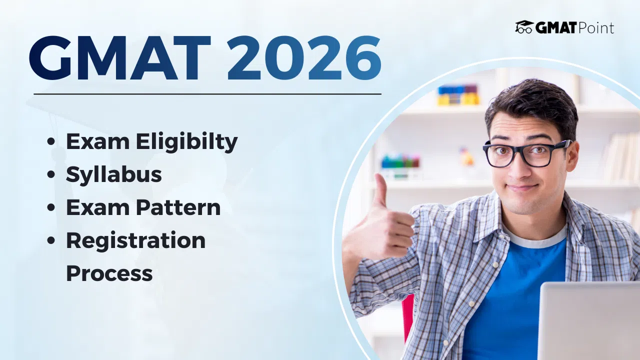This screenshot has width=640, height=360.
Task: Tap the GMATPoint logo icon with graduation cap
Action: (x=524, y=27)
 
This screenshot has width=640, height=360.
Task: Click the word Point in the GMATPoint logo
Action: (x=595, y=28)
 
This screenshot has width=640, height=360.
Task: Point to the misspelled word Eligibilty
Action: (x=187, y=142)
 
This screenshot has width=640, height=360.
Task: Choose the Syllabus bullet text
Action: (x=114, y=174)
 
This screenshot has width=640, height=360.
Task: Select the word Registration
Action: (x=135, y=240)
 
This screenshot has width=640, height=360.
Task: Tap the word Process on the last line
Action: (x=109, y=273)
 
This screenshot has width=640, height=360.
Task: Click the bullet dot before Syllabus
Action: (x=50, y=175)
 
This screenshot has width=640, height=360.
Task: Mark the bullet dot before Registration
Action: (x=50, y=241)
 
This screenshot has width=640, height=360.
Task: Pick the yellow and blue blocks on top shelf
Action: (x=457, y=95)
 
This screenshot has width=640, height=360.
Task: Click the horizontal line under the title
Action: (x=207, y=93)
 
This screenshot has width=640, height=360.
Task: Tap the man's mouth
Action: (x=523, y=187)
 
